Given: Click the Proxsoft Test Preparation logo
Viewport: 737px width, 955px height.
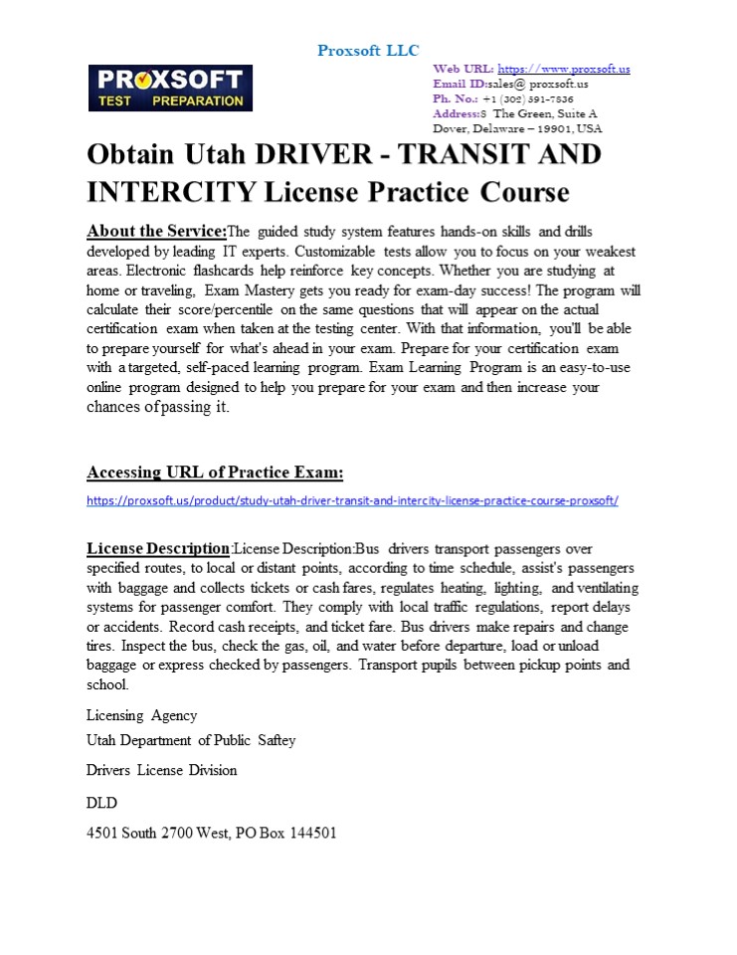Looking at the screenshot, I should [170, 88].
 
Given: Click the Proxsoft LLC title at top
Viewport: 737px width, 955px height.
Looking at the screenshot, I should [368, 51].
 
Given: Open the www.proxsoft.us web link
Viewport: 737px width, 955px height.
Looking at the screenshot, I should [563, 69].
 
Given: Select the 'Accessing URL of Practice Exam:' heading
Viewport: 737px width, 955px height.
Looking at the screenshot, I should [215, 472].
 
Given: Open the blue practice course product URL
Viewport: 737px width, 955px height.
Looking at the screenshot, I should [352, 500].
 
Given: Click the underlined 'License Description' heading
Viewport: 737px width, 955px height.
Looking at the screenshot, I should [158, 548].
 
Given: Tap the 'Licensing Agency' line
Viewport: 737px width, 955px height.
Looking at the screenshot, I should [141, 715].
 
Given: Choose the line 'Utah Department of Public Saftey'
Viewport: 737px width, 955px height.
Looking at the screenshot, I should [191, 740].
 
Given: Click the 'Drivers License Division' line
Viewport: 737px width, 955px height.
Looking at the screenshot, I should [161, 770].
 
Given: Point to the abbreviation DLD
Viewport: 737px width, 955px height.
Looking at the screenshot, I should [101, 801].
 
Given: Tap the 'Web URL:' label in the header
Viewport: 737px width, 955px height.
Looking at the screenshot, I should [463, 69].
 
